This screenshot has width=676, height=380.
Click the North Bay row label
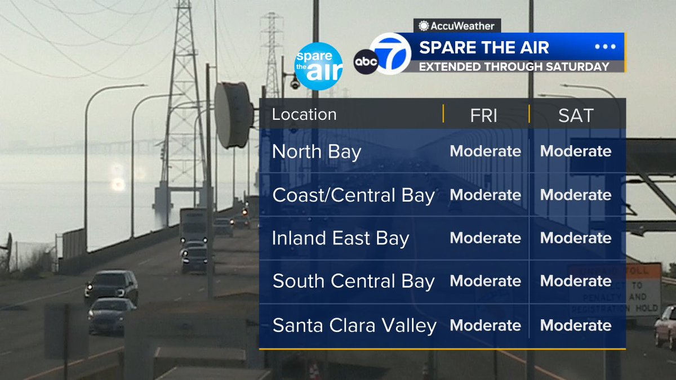point(317,152)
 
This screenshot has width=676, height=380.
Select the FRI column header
point(484,115)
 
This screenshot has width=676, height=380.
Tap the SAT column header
point(576,115)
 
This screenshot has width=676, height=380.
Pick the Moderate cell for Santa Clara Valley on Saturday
point(576,325)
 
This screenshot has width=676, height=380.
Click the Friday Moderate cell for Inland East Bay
point(486,238)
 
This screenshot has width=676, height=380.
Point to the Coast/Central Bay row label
point(354,195)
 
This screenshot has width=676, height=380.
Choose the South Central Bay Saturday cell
point(576,281)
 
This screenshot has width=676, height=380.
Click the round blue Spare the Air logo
point(318,66)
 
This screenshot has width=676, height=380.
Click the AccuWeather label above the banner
point(457,26)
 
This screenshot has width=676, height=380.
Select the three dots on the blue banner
point(605,47)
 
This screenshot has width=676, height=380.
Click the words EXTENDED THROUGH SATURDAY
point(514,66)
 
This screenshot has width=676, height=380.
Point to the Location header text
point(304,114)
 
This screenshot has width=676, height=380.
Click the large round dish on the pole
point(232,114)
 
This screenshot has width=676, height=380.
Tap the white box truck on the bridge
point(193,225)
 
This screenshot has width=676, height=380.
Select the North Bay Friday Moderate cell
point(486,151)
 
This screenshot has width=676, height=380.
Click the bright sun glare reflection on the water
point(118,184)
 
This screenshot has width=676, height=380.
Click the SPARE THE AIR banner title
point(484,47)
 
